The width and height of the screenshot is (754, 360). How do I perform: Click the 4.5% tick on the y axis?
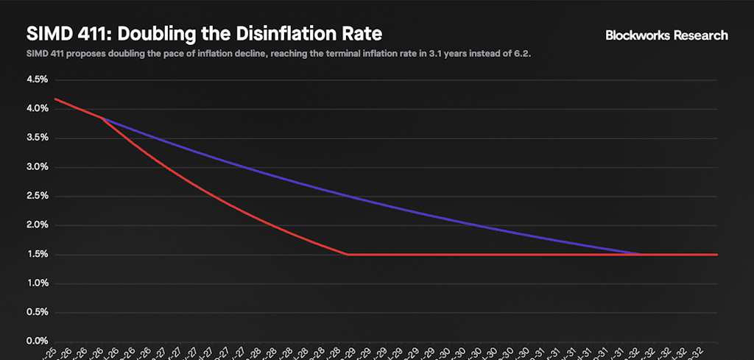pos(37,80)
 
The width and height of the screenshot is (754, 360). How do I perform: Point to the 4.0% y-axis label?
pos(37,109)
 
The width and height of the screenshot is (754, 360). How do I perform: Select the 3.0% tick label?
pos(37,167)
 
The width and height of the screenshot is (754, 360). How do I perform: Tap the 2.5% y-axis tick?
pos(37,197)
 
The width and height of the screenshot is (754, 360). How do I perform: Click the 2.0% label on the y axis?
pos(37,225)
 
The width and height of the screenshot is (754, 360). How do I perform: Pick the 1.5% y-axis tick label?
pos(37,255)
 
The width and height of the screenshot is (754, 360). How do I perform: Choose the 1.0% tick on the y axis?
pos(37,283)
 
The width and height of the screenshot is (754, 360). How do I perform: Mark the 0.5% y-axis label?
pos(37,313)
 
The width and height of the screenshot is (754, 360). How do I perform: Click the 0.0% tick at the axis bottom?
pos(37,342)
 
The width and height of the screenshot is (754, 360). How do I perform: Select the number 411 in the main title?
pos(82,34)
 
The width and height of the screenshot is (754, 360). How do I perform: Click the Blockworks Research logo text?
pos(666,35)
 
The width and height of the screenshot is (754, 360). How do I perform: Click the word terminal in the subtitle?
pos(331,54)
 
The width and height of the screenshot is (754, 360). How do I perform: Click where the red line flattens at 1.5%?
pos(348,255)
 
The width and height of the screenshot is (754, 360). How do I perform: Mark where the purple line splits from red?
pos(102,118)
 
